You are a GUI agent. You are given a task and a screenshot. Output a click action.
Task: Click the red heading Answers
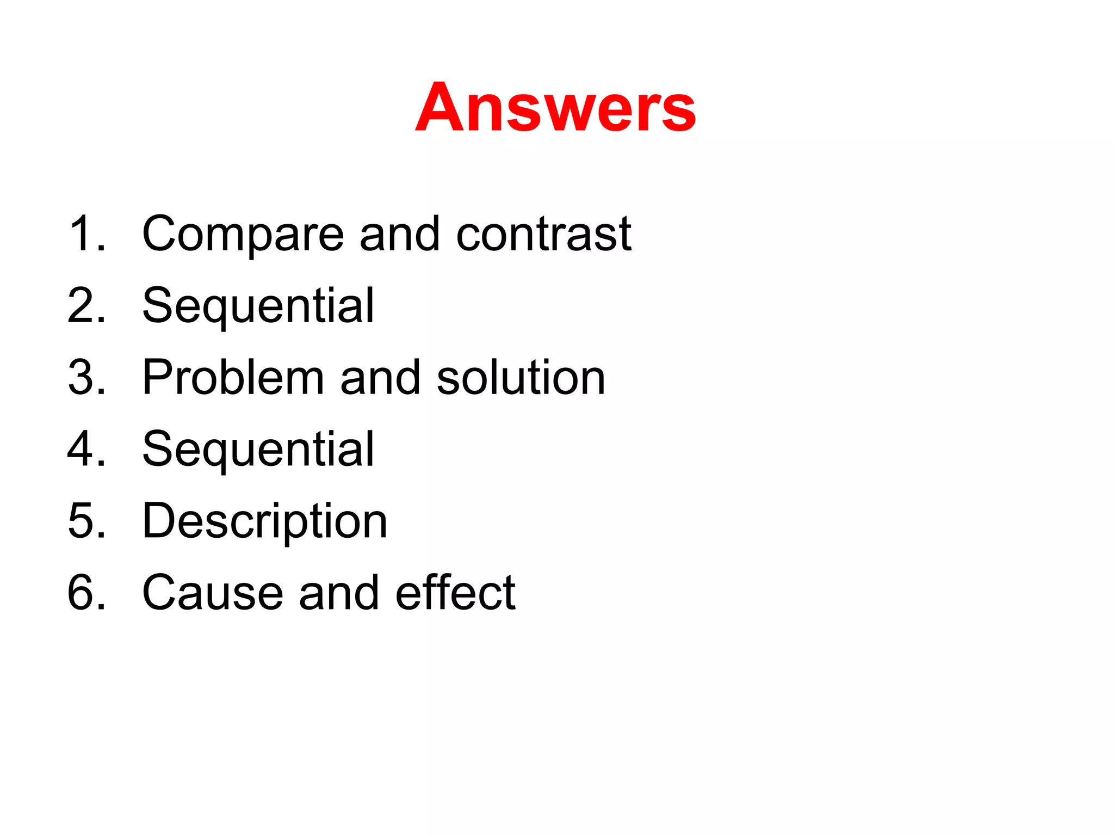[555, 107]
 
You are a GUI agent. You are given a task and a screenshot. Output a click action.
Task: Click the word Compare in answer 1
[243, 234]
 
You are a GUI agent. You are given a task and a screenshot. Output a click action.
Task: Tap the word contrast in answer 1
[543, 234]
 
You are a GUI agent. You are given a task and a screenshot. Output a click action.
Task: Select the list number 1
[86, 234]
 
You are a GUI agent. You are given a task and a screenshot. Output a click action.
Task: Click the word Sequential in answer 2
[258, 306]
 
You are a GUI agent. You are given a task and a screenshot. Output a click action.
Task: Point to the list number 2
[86, 306]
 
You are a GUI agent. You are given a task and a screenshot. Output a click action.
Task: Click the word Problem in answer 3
[233, 378]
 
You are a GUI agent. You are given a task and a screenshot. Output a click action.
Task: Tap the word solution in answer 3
[521, 378]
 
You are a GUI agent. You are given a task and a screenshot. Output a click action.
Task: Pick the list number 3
[86, 378]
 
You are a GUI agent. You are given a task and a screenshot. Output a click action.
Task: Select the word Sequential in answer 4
[258, 450]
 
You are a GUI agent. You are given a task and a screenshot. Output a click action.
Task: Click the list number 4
[86, 450]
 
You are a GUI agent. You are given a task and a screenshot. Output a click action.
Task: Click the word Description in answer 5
[264, 521]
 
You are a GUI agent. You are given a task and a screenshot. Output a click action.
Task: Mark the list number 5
[86, 521]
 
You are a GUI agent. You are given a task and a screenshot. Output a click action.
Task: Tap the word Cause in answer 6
[212, 593]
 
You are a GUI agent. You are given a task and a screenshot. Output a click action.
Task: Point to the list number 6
[86, 593]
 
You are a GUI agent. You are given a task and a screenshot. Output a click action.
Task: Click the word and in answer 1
[399, 234]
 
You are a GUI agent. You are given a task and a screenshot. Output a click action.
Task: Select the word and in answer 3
[380, 378]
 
